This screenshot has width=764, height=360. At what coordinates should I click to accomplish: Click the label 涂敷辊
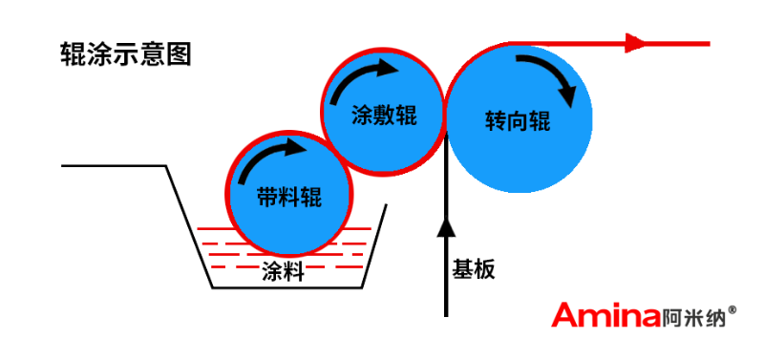383,116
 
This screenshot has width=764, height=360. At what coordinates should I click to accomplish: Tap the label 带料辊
289,198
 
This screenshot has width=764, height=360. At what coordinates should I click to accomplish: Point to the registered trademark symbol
732,309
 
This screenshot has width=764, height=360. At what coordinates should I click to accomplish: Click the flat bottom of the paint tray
286,287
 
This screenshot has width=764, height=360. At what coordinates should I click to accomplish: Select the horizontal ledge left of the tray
115,167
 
